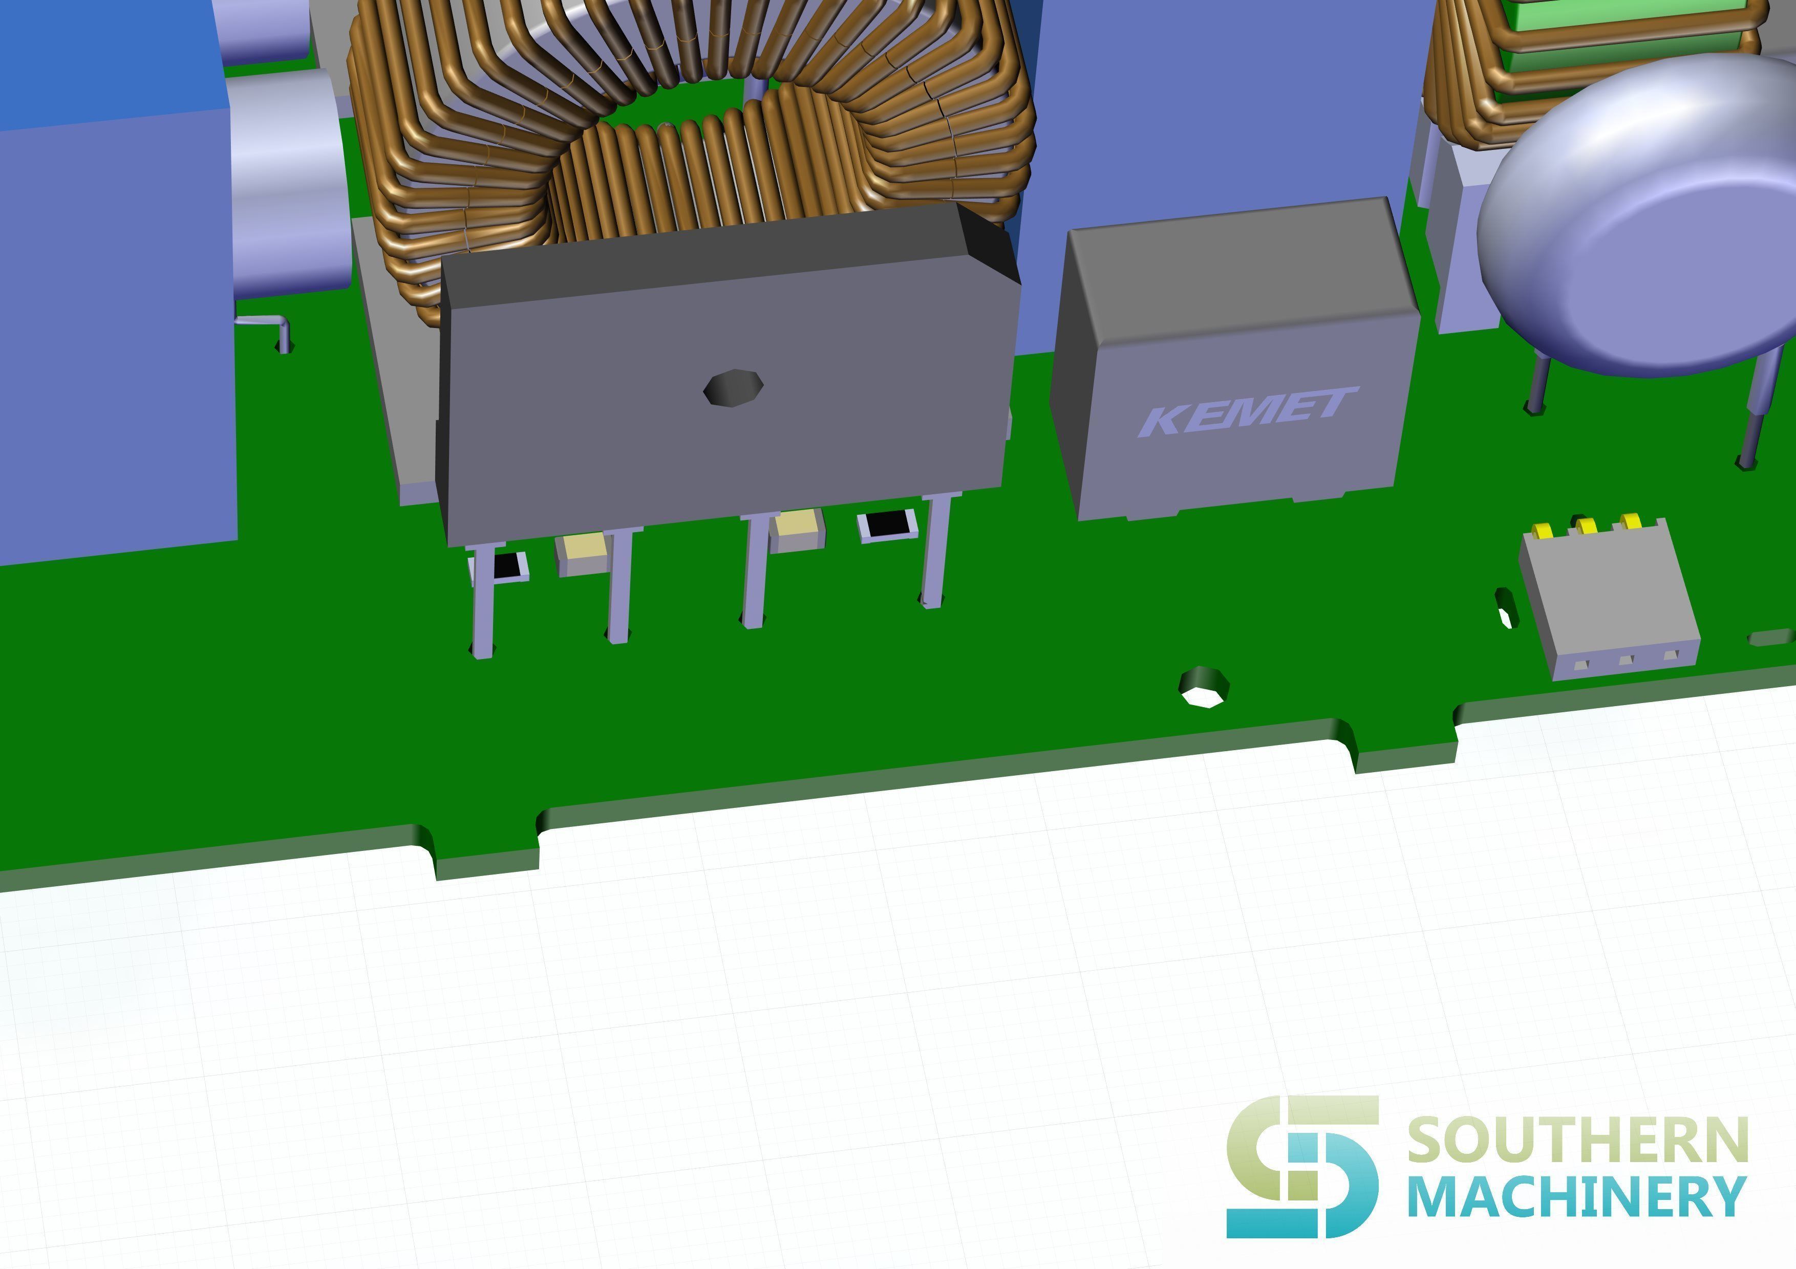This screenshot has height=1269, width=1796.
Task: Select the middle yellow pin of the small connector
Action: click(1587, 526)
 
